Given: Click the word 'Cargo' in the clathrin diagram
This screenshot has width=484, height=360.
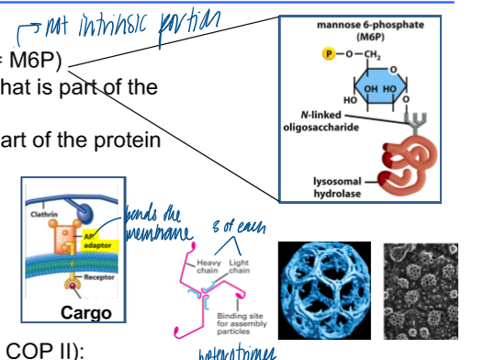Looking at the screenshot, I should coord(83,313).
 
